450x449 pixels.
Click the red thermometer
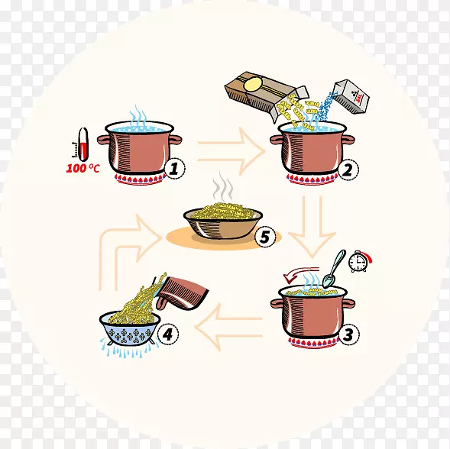click(x=83, y=144)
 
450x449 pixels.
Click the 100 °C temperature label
click(x=83, y=168)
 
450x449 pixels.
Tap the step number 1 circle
click(x=174, y=169)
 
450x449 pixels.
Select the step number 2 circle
click(x=348, y=170)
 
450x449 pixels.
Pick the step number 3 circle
click(x=348, y=334)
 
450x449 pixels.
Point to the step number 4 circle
click(x=168, y=334)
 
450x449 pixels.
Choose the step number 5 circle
click(x=265, y=237)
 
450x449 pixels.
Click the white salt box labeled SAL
click(x=351, y=96)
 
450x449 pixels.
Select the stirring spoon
click(x=333, y=269)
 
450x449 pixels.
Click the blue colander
click(x=130, y=329)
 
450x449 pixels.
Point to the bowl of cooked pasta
click(x=223, y=221)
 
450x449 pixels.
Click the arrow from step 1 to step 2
click(x=231, y=151)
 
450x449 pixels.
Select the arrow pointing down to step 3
click(x=312, y=227)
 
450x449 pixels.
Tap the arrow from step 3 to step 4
click(x=228, y=327)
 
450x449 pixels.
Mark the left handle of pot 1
click(x=104, y=140)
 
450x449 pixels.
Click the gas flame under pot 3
click(x=313, y=342)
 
